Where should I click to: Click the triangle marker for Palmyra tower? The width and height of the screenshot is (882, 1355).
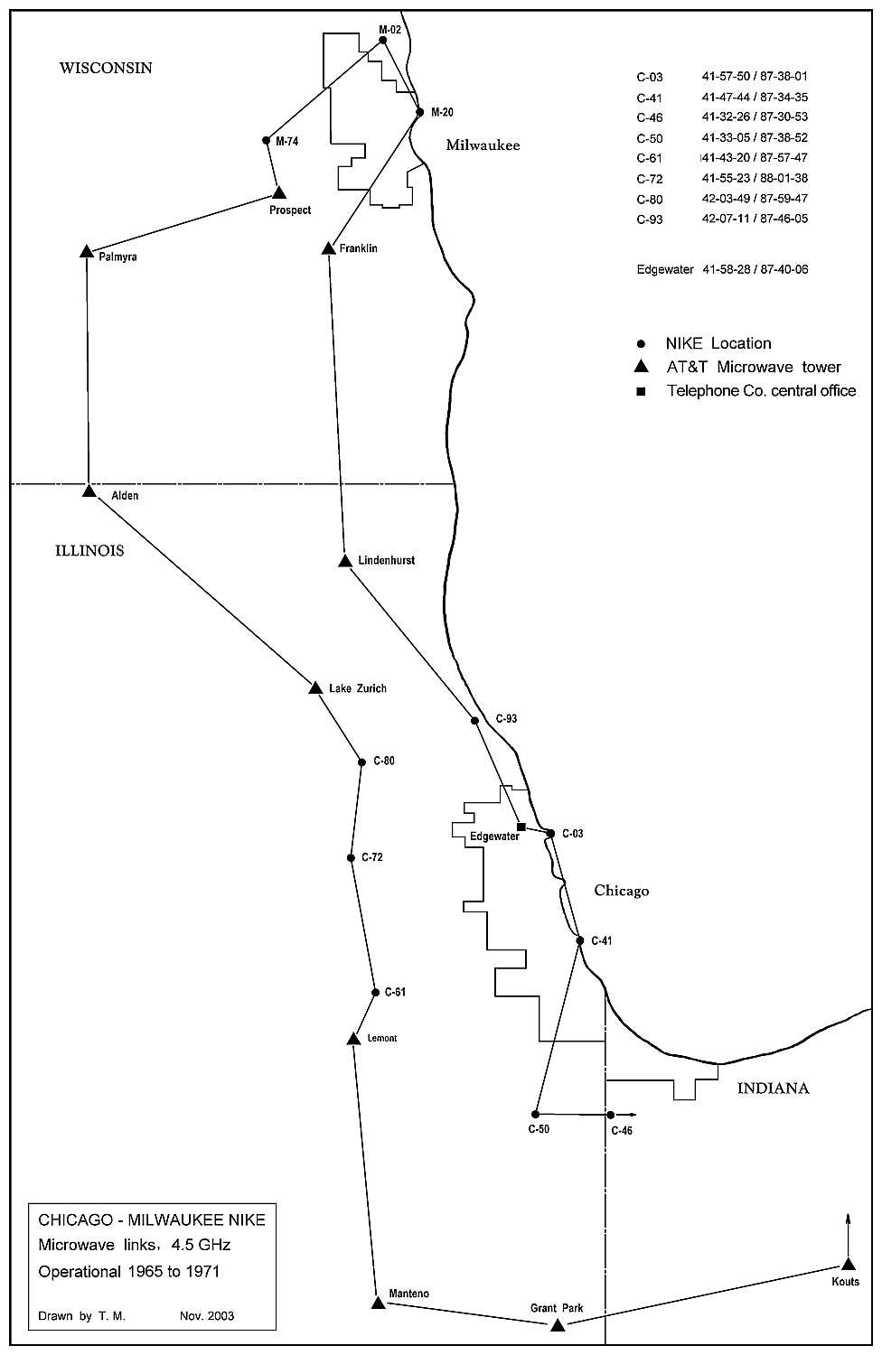tap(87, 251)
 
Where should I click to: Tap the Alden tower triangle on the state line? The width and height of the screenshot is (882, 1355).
tap(89, 491)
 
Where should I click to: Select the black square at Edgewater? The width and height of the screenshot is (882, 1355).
tap(521, 826)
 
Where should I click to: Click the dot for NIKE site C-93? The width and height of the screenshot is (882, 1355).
tap(475, 720)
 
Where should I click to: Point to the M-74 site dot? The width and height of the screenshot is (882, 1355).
tap(266, 140)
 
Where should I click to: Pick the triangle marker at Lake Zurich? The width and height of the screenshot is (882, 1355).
tap(315, 688)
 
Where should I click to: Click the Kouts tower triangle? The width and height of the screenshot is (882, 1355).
tap(848, 1264)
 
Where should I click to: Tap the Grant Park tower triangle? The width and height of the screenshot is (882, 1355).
tap(558, 1325)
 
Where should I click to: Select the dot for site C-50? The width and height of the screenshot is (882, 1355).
tap(535, 1114)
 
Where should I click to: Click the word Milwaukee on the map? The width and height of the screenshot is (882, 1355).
tap(483, 145)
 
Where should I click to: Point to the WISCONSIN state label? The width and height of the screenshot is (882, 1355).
tap(106, 68)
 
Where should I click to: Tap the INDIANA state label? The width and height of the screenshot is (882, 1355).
tap(773, 1089)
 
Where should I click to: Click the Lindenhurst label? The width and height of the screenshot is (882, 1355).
tap(386, 560)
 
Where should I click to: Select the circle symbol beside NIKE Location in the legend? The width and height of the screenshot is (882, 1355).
tap(641, 344)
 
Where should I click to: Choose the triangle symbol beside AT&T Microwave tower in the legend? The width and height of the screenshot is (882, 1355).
tap(641, 367)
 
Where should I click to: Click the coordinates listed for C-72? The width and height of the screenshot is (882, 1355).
tap(755, 178)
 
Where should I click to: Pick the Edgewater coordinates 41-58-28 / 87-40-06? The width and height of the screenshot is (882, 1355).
tap(755, 269)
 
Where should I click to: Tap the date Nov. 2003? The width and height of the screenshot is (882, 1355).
tap(207, 1315)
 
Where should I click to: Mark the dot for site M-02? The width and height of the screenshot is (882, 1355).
tap(383, 40)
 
